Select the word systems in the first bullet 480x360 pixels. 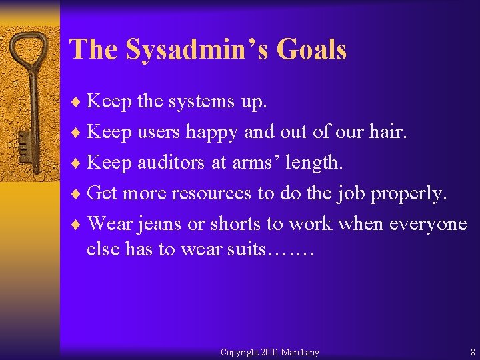pos(199,102)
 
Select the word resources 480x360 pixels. pos(211,193)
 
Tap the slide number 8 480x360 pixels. pos(472,352)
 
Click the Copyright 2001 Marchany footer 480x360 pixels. pos(269,352)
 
